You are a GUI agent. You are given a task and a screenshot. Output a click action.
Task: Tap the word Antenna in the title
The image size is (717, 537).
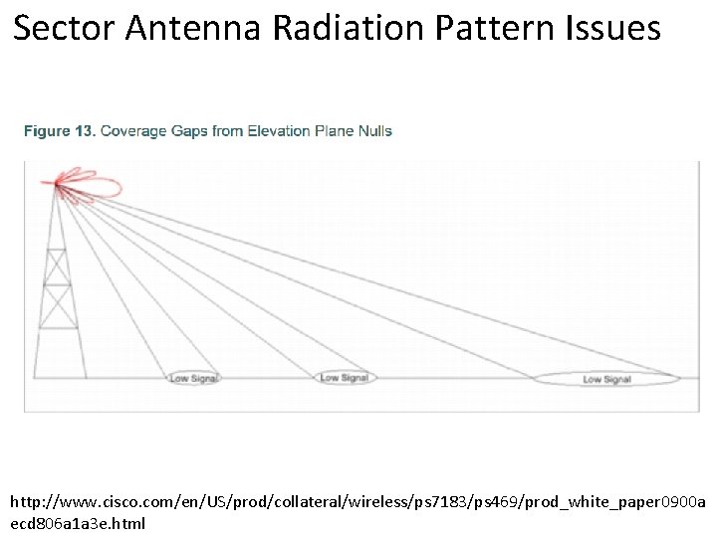(199, 28)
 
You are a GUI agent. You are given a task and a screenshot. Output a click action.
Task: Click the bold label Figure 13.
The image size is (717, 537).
(60, 131)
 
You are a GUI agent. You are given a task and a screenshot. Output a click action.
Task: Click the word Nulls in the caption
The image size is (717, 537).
(374, 131)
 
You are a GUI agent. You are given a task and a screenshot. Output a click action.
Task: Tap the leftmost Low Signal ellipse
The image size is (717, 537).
(193, 378)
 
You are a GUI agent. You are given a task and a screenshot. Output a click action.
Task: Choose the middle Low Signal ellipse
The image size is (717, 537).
(344, 378)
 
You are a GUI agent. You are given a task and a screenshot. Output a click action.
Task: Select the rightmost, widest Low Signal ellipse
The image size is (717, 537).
(605, 379)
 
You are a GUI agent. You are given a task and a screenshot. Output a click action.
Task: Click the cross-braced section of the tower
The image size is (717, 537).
(61, 288)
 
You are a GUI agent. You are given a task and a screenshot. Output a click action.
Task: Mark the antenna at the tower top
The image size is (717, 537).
(58, 183)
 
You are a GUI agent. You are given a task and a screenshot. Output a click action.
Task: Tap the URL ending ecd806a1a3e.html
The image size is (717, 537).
(78, 522)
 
